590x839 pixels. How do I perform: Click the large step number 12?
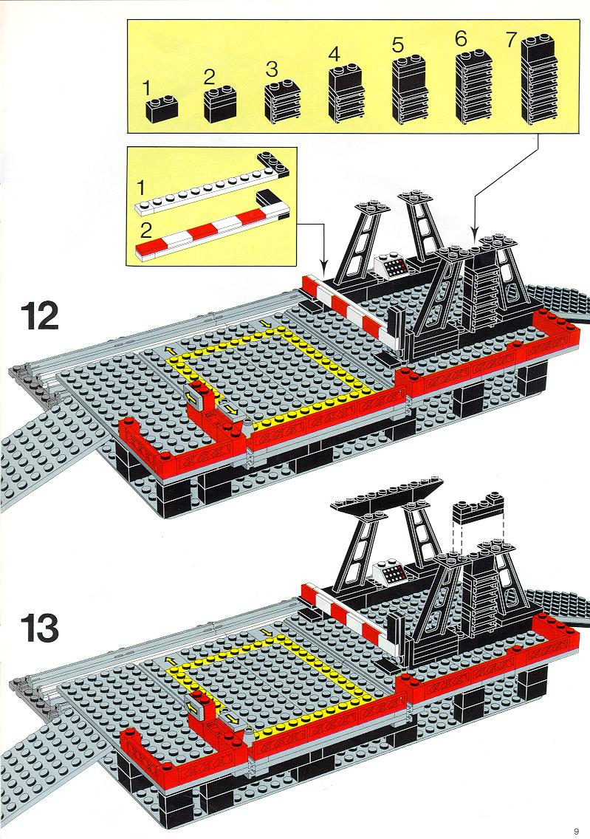tap(40, 317)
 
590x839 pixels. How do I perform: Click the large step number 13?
tap(40, 629)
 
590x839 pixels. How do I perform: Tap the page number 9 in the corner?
tap(576, 831)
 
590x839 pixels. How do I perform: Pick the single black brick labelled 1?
tap(162, 108)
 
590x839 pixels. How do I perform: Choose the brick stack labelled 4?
tap(346, 92)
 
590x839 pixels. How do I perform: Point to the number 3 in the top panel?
tap(272, 69)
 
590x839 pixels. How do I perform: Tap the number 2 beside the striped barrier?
tap(146, 232)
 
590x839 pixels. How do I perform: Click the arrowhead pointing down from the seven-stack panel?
tap(474, 232)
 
